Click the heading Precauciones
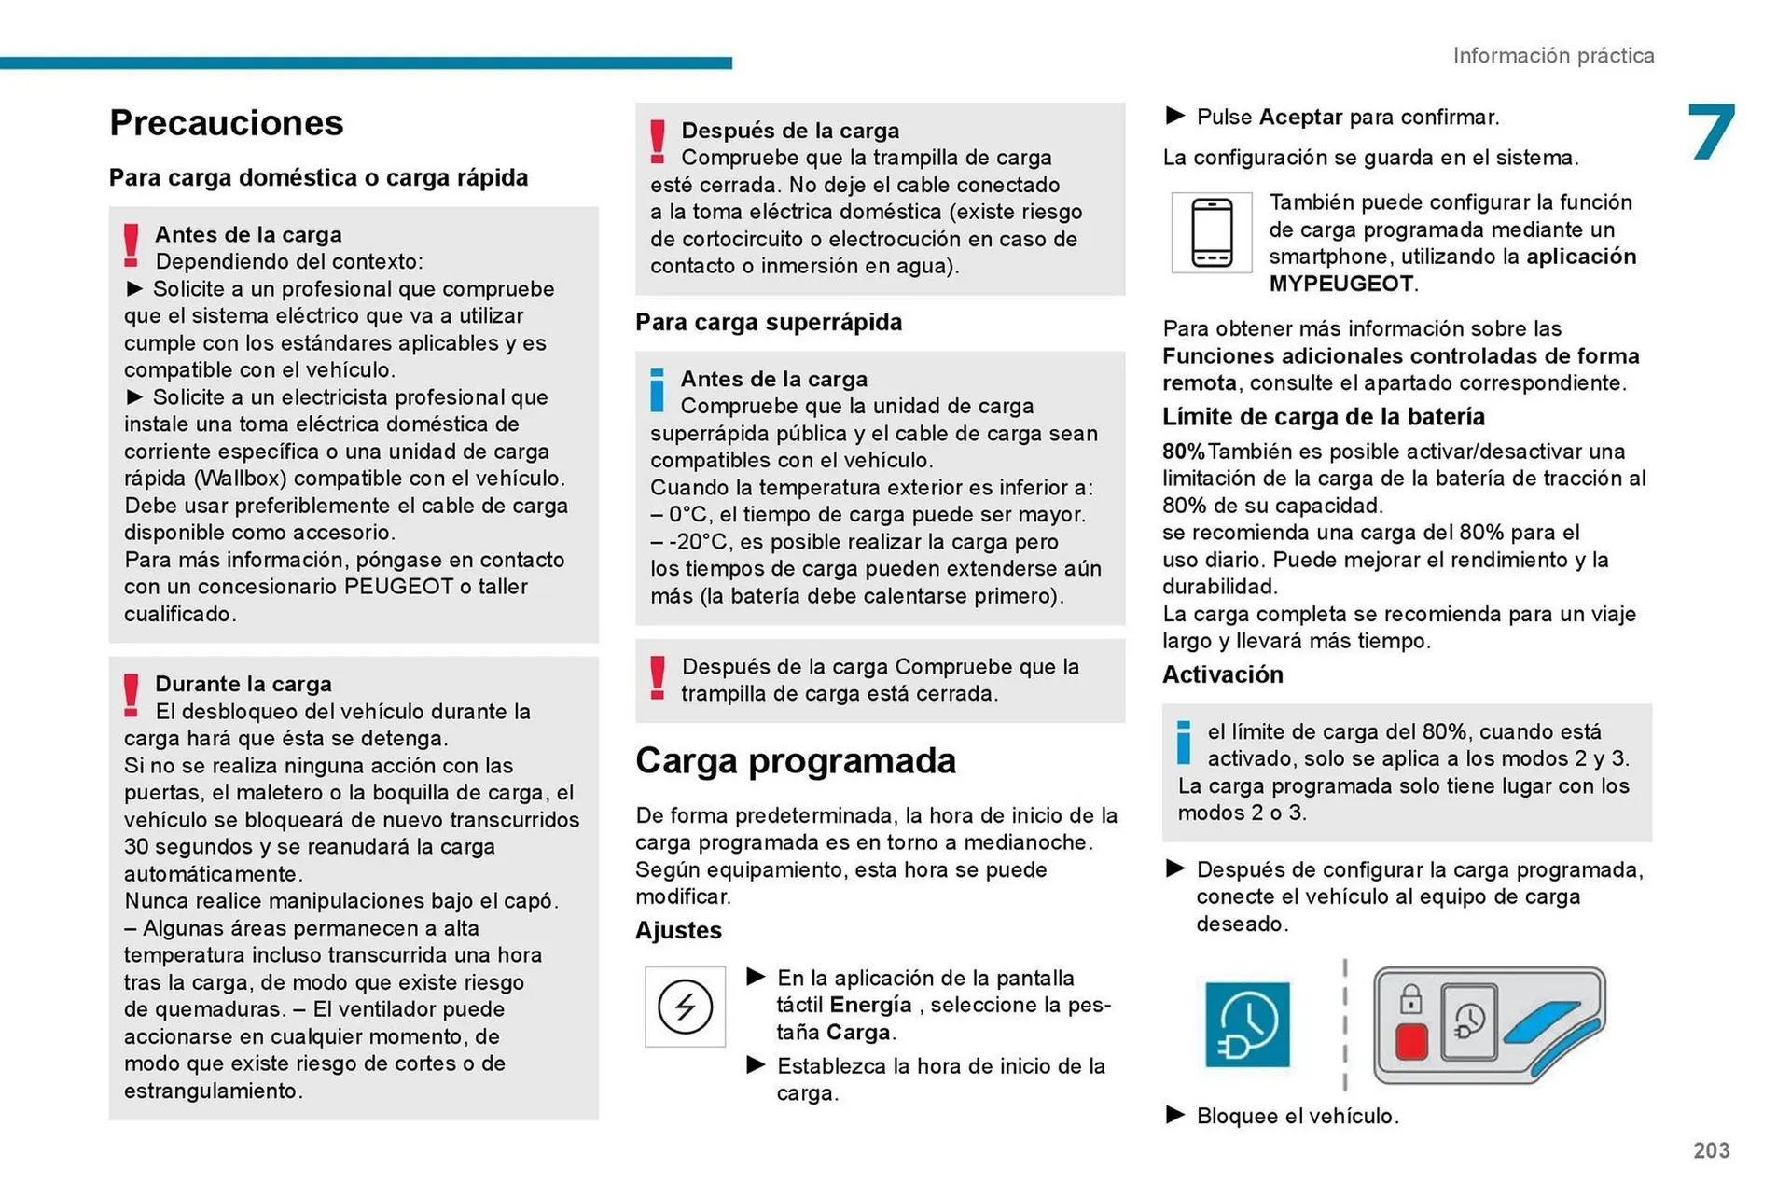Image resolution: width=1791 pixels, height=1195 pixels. (226, 123)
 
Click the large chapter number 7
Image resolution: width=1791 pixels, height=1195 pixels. (1712, 132)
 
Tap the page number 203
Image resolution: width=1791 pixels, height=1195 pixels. (1711, 1150)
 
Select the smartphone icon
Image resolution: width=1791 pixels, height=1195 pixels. (1211, 233)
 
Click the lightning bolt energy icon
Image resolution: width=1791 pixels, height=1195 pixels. (685, 1007)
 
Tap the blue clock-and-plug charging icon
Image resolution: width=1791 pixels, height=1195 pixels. (1247, 1024)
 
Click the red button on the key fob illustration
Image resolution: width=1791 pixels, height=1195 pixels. (1410, 1041)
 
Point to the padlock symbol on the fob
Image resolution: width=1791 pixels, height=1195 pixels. (1410, 1000)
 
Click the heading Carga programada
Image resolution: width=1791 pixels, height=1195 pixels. (795, 761)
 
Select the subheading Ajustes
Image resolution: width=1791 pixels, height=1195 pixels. (678, 930)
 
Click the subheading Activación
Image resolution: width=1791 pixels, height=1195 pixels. (1222, 674)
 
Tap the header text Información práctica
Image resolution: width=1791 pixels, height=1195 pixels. (1553, 56)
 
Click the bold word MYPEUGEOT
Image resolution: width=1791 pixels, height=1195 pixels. (1340, 284)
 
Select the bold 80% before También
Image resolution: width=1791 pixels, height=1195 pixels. (1183, 452)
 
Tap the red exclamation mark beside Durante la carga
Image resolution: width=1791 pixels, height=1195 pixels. (132, 695)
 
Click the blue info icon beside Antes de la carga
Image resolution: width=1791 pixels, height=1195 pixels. (658, 390)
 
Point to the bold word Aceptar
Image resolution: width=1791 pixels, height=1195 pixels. (1300, 118)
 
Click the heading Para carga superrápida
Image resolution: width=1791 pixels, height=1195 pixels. (769, 323)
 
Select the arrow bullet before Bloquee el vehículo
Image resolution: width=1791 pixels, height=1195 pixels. (1175, 1115)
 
